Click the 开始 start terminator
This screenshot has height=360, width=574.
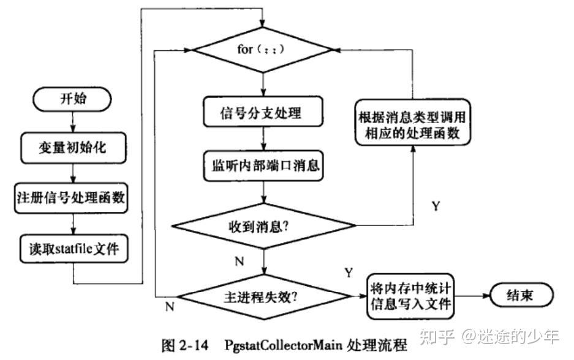(72, 99)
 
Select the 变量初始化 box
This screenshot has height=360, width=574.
(74, 148)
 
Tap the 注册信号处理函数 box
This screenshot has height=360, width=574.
(71, 198)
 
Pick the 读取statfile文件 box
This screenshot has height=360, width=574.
(74, 249)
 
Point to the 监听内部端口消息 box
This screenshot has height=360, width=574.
(263, 166)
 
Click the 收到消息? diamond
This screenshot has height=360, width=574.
(263, 226)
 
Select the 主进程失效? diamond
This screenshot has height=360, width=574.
(264, 296)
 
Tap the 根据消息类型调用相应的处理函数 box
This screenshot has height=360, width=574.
(412, 122)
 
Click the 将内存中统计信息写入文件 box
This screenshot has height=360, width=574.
(410, 296)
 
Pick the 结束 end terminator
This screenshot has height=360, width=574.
(521, 295)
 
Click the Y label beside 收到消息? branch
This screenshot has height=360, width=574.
(436, 206)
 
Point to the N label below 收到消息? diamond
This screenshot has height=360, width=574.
(239, 261)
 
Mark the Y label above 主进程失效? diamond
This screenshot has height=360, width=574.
(349, 272)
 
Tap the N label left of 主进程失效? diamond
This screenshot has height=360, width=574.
(170, 307)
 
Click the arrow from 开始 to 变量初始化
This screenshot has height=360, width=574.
(73, 122)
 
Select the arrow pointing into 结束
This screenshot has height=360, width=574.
(472, 296)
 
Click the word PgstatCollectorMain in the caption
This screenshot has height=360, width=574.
(284, 345)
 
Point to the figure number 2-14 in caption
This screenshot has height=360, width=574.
(194, 345)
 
